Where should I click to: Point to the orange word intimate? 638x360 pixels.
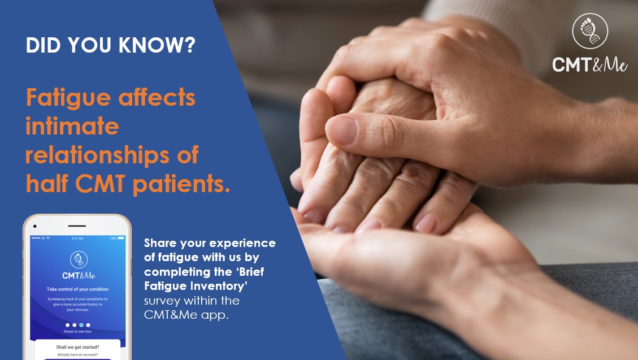pyautogui.click(x=72, y=127)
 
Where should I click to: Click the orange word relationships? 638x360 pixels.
pyautogui.click(x=112, y=155)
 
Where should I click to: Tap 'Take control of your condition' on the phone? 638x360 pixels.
pyautogui.click(x=77, y=289)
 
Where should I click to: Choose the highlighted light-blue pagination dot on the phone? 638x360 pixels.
pyautogui.click(x=81, y=325)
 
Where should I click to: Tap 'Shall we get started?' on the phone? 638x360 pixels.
pyautogui.click(x=77, y=347)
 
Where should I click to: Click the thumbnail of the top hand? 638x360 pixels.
pyautogui.click(x=343, y=129)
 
